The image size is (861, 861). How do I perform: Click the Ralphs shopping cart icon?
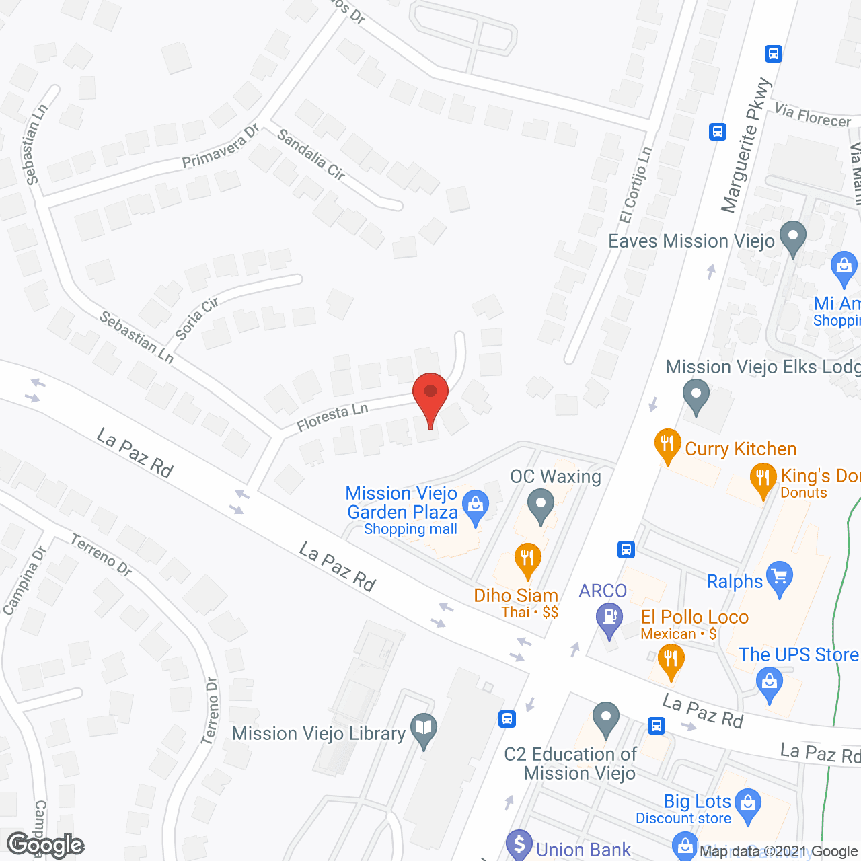[780, 577]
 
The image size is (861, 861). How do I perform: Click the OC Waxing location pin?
[540, 504]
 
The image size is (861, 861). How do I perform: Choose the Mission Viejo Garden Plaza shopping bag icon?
[476, 507]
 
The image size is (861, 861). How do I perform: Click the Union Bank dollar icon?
[519, 844]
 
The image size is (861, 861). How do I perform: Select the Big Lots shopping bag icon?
[747, 804]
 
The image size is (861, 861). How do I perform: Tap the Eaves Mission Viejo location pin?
[792, 237]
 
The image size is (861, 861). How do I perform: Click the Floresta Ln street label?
[332, 417]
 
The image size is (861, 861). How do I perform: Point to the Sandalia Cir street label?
[311, 155]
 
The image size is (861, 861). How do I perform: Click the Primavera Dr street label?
[221, 147]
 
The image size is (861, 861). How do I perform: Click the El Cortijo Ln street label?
[636, 185]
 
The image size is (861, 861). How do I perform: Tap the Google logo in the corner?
[46, 845]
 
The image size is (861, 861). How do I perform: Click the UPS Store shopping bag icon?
[769, 682]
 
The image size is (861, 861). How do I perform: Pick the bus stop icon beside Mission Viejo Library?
[507, 719]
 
